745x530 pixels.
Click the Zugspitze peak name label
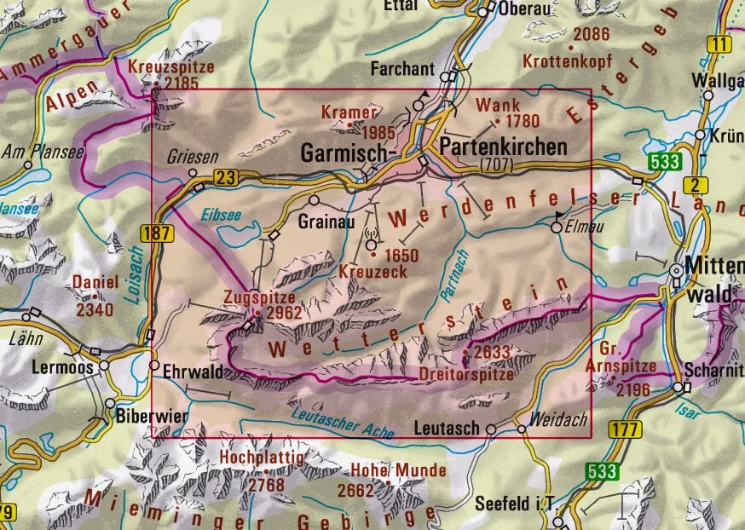click(x=258, y=298)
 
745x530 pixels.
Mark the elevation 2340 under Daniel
click(x=94, y=309)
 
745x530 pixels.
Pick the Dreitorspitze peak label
click(x=466, y=374)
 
